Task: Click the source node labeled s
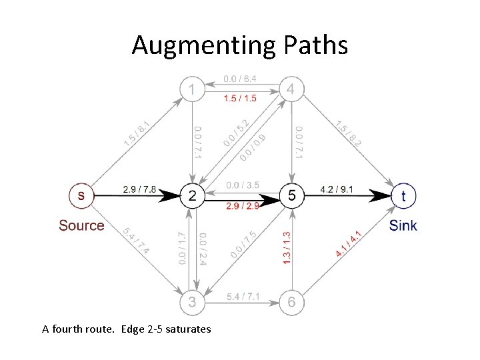pyautogui.click(x=81, y=195)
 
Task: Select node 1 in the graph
pyautogui.click(x=192, y=89)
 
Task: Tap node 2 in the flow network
pyautogui.click(x=192, y=195)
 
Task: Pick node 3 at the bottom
pyautogui.click(x=192, y=303)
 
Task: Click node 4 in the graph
pyautogui.click(x=291, y=89)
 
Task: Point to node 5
pyautogui.click(x=291, y=195)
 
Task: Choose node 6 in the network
pyautogui.click(x=291, y=303)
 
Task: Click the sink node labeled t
pyautogui.click(x=403, y=195)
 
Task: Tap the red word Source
pyautogui.click(x=81, y=225)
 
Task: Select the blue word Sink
pyautogui.click(x=403, y=225)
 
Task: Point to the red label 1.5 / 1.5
pyautogui.click(x=241, y=99)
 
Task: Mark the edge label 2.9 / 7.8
pyautogui.click(x=139, y=189)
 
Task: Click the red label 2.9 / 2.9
pyautogui.click(x=242, y=205)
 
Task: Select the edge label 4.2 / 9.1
pyautogui.click(x=339, y=189)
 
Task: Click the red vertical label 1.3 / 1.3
pyautogui.click(x=287, y=247)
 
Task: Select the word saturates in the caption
pyautogui.click(x=182, y=329)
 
